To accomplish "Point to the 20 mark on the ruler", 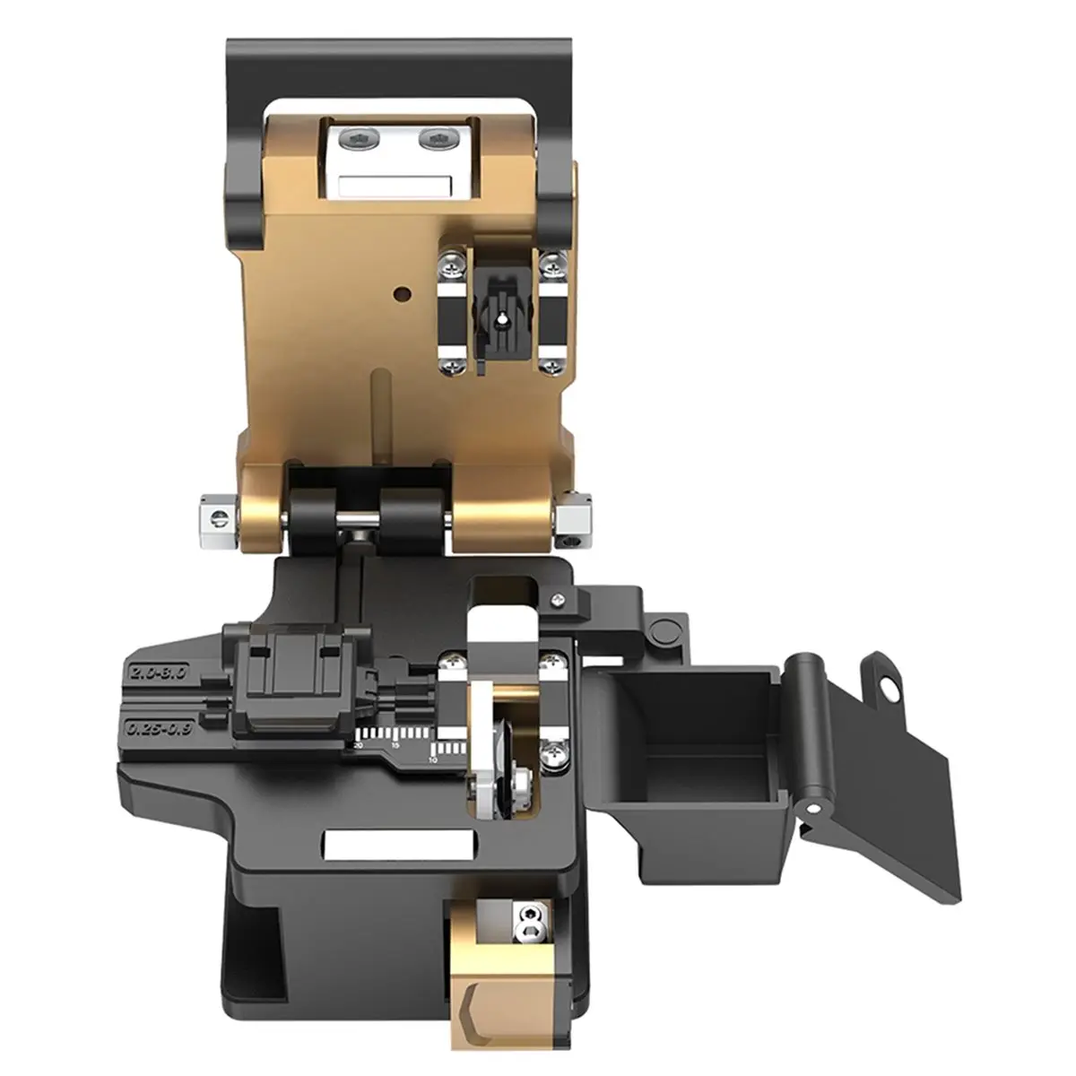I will click(x=359, y=744).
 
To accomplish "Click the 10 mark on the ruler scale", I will click(x=432, y=759).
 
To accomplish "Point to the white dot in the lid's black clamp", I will click(x=502, y=316).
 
